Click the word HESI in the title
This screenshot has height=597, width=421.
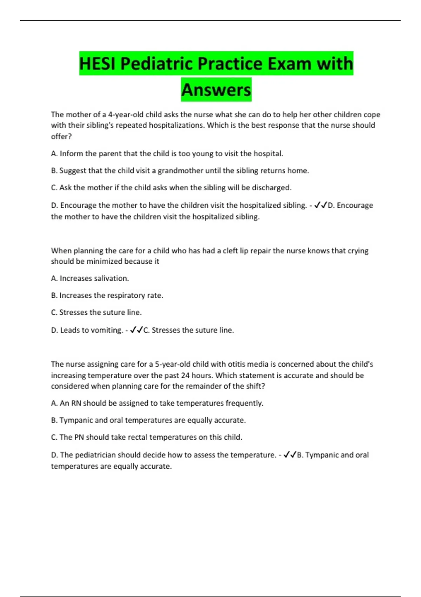click(97, 64)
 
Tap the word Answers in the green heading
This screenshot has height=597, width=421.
click(216, 90)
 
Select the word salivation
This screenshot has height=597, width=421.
click(111, 278)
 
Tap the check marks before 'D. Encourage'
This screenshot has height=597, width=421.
click(321, 205)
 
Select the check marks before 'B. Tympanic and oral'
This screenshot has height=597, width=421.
click(290, 455)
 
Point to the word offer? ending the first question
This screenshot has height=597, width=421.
click(61, 137)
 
